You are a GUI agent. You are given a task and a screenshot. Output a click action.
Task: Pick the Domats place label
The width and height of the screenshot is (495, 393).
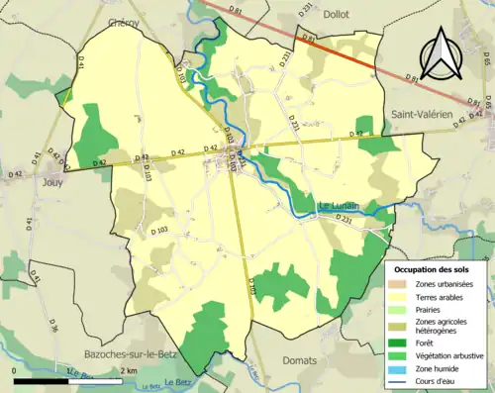pos(300,360)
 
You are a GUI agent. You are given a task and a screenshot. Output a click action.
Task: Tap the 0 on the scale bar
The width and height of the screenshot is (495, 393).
pos(15,370)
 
